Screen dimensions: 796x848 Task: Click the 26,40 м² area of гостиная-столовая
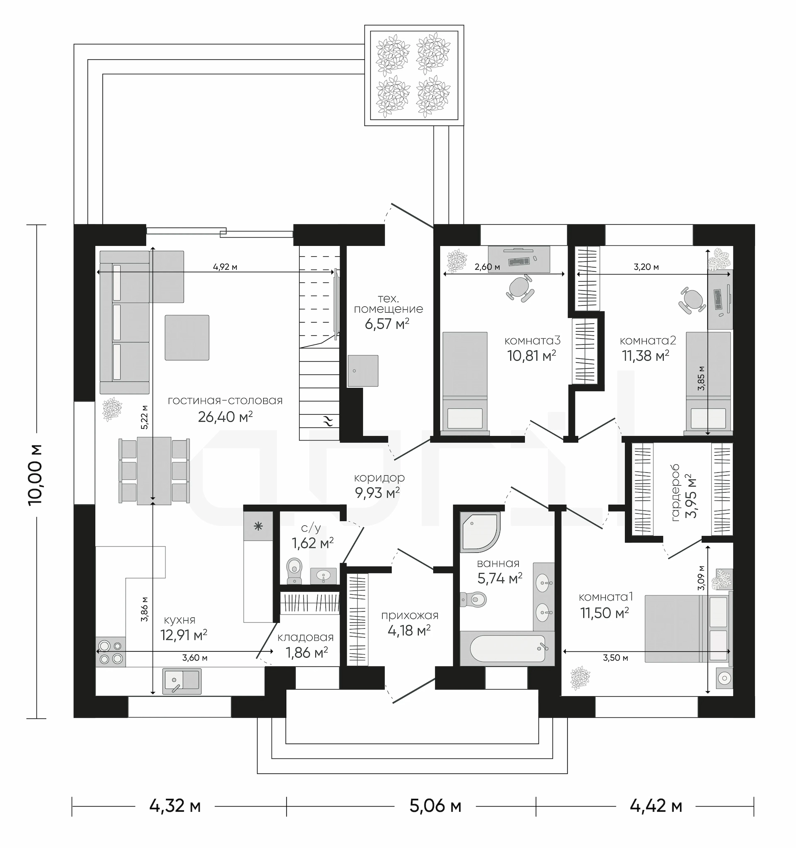[225, 417]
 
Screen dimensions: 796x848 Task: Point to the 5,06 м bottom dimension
[435, 806]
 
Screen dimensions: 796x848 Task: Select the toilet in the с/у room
[294, 571]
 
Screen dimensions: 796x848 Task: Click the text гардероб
[676, 493]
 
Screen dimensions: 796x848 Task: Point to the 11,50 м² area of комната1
[604, 613]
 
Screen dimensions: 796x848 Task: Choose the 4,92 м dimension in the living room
[225, 267]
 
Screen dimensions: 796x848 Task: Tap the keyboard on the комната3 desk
[518, 261]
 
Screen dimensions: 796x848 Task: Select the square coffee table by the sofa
[187, 338]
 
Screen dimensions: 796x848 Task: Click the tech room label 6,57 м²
[387, 324]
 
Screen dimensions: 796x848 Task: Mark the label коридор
[379, 478]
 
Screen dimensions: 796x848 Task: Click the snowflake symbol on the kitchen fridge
[257, 526]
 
